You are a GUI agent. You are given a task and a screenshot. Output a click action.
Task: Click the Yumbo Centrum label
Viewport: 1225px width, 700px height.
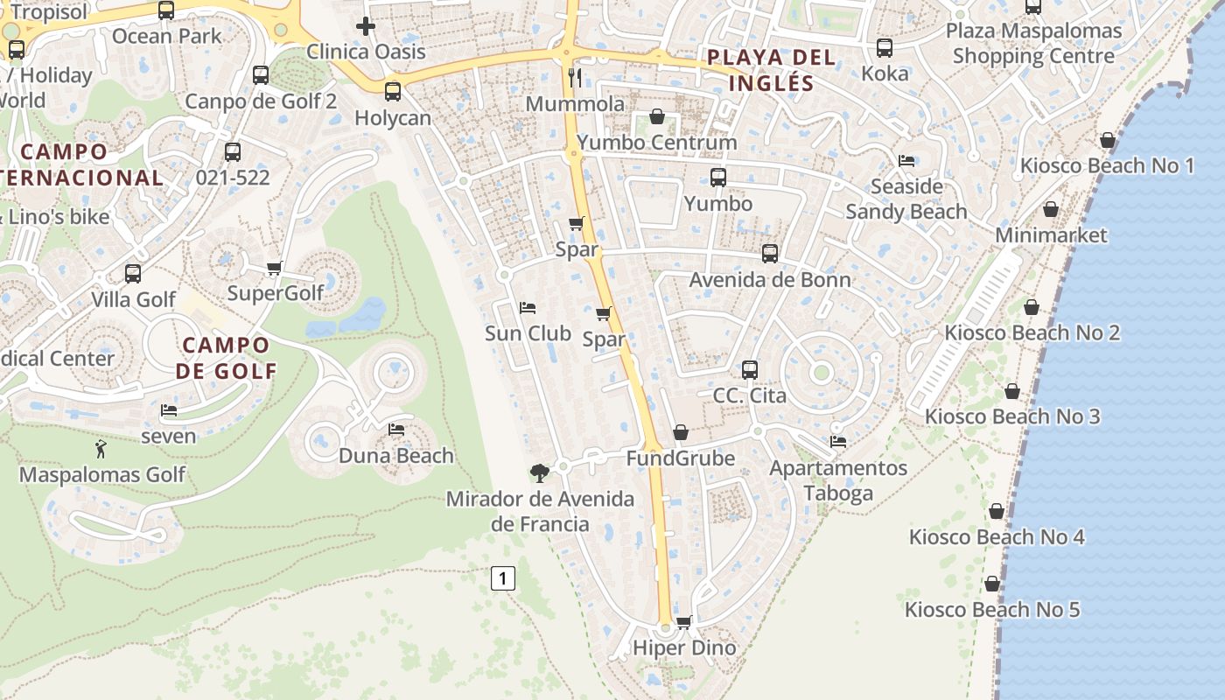pos(656,142)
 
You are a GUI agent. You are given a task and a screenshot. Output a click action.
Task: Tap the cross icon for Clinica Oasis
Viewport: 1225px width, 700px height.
pos(366,26)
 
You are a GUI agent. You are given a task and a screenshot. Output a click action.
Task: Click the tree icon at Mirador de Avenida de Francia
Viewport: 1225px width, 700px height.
pos(540,473)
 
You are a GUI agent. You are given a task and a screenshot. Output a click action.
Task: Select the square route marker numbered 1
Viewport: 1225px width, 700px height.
pos(502,578)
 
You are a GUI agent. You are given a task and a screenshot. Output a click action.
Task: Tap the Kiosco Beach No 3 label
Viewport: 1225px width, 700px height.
pos(1012,416)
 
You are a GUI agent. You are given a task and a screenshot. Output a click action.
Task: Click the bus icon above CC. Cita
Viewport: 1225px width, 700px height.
pos(750,369)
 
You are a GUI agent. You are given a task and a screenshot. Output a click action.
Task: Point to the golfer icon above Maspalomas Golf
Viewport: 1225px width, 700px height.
pos(101,450)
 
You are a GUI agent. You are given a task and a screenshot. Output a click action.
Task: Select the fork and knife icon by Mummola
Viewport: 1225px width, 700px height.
pos(575,77)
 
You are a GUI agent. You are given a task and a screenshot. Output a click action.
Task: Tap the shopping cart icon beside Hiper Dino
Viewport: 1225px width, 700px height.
pos(684,622)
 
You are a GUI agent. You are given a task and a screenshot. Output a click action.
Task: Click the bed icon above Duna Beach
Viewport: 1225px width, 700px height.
pos(396,430)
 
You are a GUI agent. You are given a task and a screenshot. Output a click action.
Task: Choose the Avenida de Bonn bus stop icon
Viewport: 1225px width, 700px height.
pos(770,254)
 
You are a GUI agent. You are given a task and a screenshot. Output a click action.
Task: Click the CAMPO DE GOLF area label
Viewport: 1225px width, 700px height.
pos(226,358)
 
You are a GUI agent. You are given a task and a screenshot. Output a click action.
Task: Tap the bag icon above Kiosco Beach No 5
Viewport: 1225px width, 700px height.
pos(992,584)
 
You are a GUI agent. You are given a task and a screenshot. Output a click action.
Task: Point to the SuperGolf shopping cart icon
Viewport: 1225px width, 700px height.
pos(274,268)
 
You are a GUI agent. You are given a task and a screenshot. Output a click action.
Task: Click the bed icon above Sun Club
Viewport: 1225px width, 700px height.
pos(528,308)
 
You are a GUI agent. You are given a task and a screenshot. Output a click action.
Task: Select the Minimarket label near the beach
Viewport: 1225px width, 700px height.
pos(1051,234)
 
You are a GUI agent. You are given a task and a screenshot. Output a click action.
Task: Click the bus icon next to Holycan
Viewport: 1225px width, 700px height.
pos(393,90)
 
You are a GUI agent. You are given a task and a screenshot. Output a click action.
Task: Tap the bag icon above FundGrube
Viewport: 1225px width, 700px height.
pos(681,432)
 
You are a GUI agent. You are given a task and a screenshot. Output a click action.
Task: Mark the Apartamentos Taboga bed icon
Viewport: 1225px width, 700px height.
pos(838,442)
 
